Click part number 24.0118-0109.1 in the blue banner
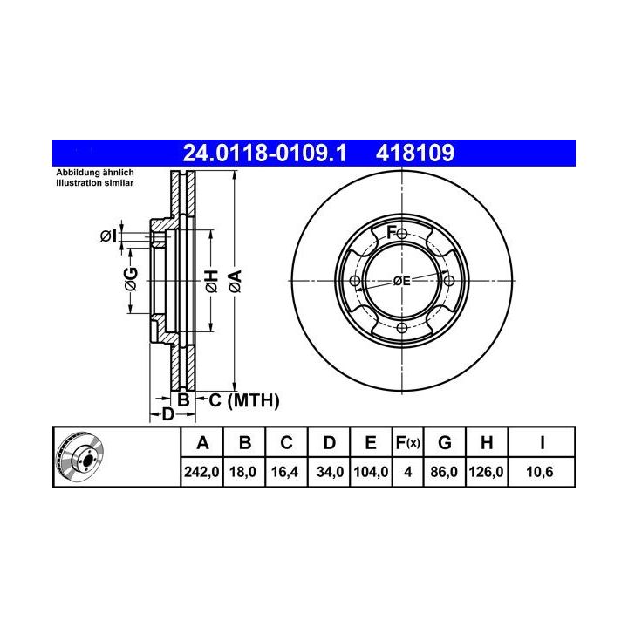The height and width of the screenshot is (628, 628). pos(264,153)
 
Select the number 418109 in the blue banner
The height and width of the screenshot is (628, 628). pos(415,153)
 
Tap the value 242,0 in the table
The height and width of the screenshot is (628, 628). pos(201,472)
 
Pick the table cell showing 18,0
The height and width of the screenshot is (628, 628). pos(242,472)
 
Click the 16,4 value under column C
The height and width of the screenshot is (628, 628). pos(284,472)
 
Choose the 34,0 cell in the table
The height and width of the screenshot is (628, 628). pos(330,472)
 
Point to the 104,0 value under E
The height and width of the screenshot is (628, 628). pos(371,472)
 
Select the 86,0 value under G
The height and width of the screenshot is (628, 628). pos(444,472)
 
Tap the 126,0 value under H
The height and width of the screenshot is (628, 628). pos(486,472)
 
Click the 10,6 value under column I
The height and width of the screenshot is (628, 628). pos(540,472)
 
